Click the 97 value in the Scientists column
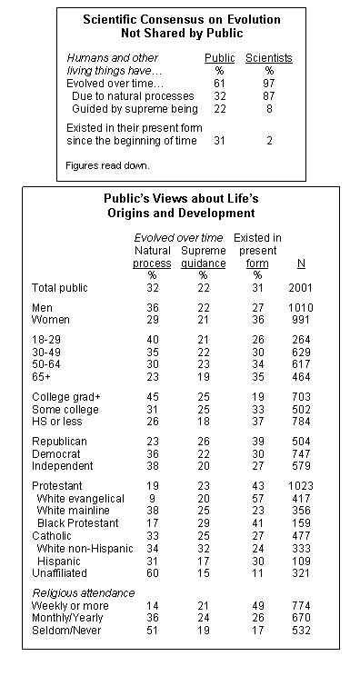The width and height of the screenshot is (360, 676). (x=269, y=83)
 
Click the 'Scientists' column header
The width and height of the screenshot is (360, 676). (x=269, y=56)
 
